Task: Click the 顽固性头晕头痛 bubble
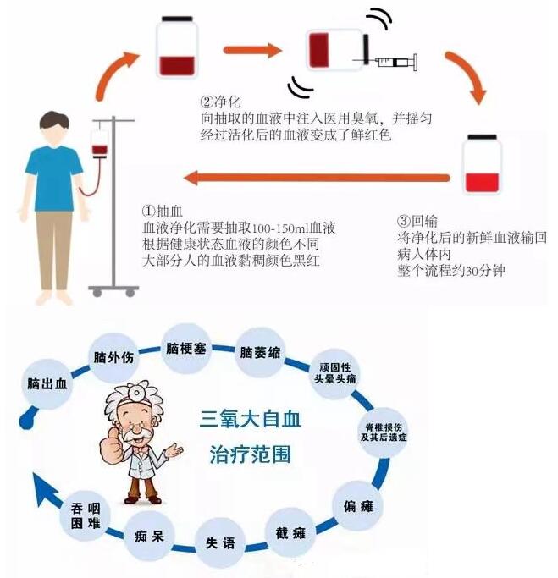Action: [x=337, y=375]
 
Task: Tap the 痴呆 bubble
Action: [x=148, y=536]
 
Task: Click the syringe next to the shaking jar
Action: [x=392, y=62]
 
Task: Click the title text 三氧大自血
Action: [x=250, y=418]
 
